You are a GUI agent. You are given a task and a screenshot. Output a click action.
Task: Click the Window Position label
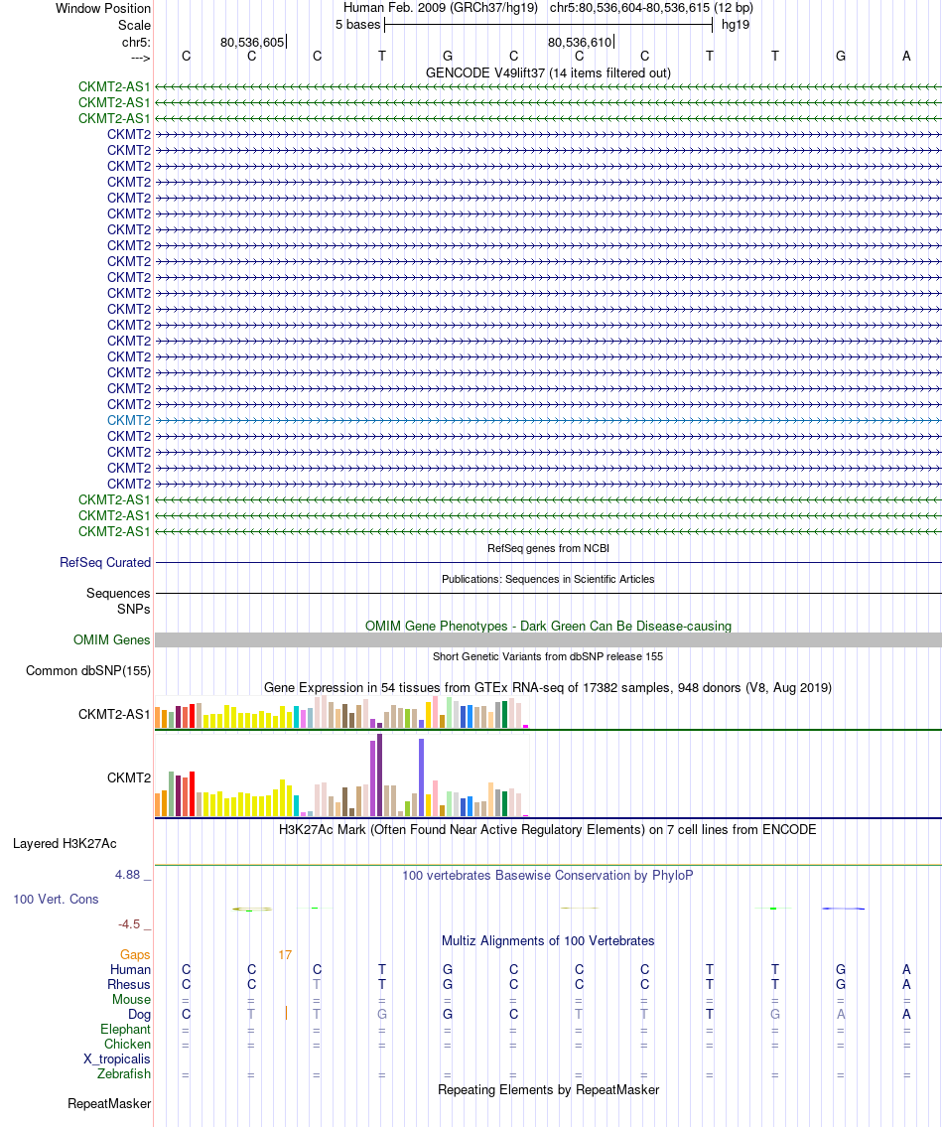point(103,8)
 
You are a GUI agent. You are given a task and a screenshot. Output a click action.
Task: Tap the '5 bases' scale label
point(357,24)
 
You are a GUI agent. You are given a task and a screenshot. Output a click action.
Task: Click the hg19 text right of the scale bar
point(736,24)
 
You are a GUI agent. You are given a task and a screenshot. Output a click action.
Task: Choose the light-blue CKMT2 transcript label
point(129,420)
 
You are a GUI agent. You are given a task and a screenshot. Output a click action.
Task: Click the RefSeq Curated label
point(105,562)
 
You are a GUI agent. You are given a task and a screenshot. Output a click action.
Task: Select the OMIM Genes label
point(112,640)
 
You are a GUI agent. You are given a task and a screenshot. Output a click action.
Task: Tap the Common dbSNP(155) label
point(88,670)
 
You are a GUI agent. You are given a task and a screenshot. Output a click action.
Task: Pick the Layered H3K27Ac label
point(65,844)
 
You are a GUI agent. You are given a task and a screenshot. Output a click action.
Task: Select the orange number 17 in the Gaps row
point(285,955)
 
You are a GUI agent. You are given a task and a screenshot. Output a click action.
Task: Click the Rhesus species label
point(129,984)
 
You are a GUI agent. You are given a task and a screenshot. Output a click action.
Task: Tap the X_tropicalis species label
point(117,1058)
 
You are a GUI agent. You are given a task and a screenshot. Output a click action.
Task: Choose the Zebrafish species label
point(124,1073)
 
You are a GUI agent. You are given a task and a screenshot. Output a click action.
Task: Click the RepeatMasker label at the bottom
point(109,1103)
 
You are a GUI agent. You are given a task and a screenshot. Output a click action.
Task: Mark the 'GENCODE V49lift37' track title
point(548,72)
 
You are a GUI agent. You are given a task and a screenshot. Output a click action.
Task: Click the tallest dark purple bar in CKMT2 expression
point(380,775)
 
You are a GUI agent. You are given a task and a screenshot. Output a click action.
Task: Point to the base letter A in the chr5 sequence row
point(906,56)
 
